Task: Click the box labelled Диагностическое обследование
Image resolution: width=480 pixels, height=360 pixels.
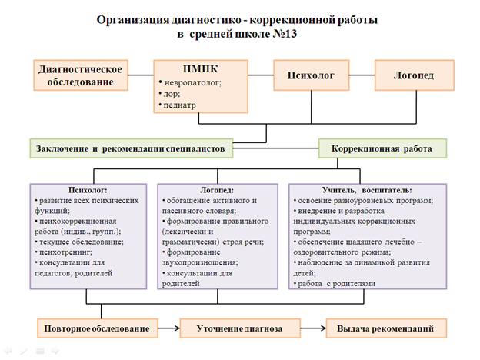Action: (81, 75)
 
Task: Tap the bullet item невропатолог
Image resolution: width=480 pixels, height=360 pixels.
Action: (192, 82)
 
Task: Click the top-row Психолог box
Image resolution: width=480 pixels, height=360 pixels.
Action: (311, 76)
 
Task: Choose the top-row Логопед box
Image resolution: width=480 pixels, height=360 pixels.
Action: (412, 76)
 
